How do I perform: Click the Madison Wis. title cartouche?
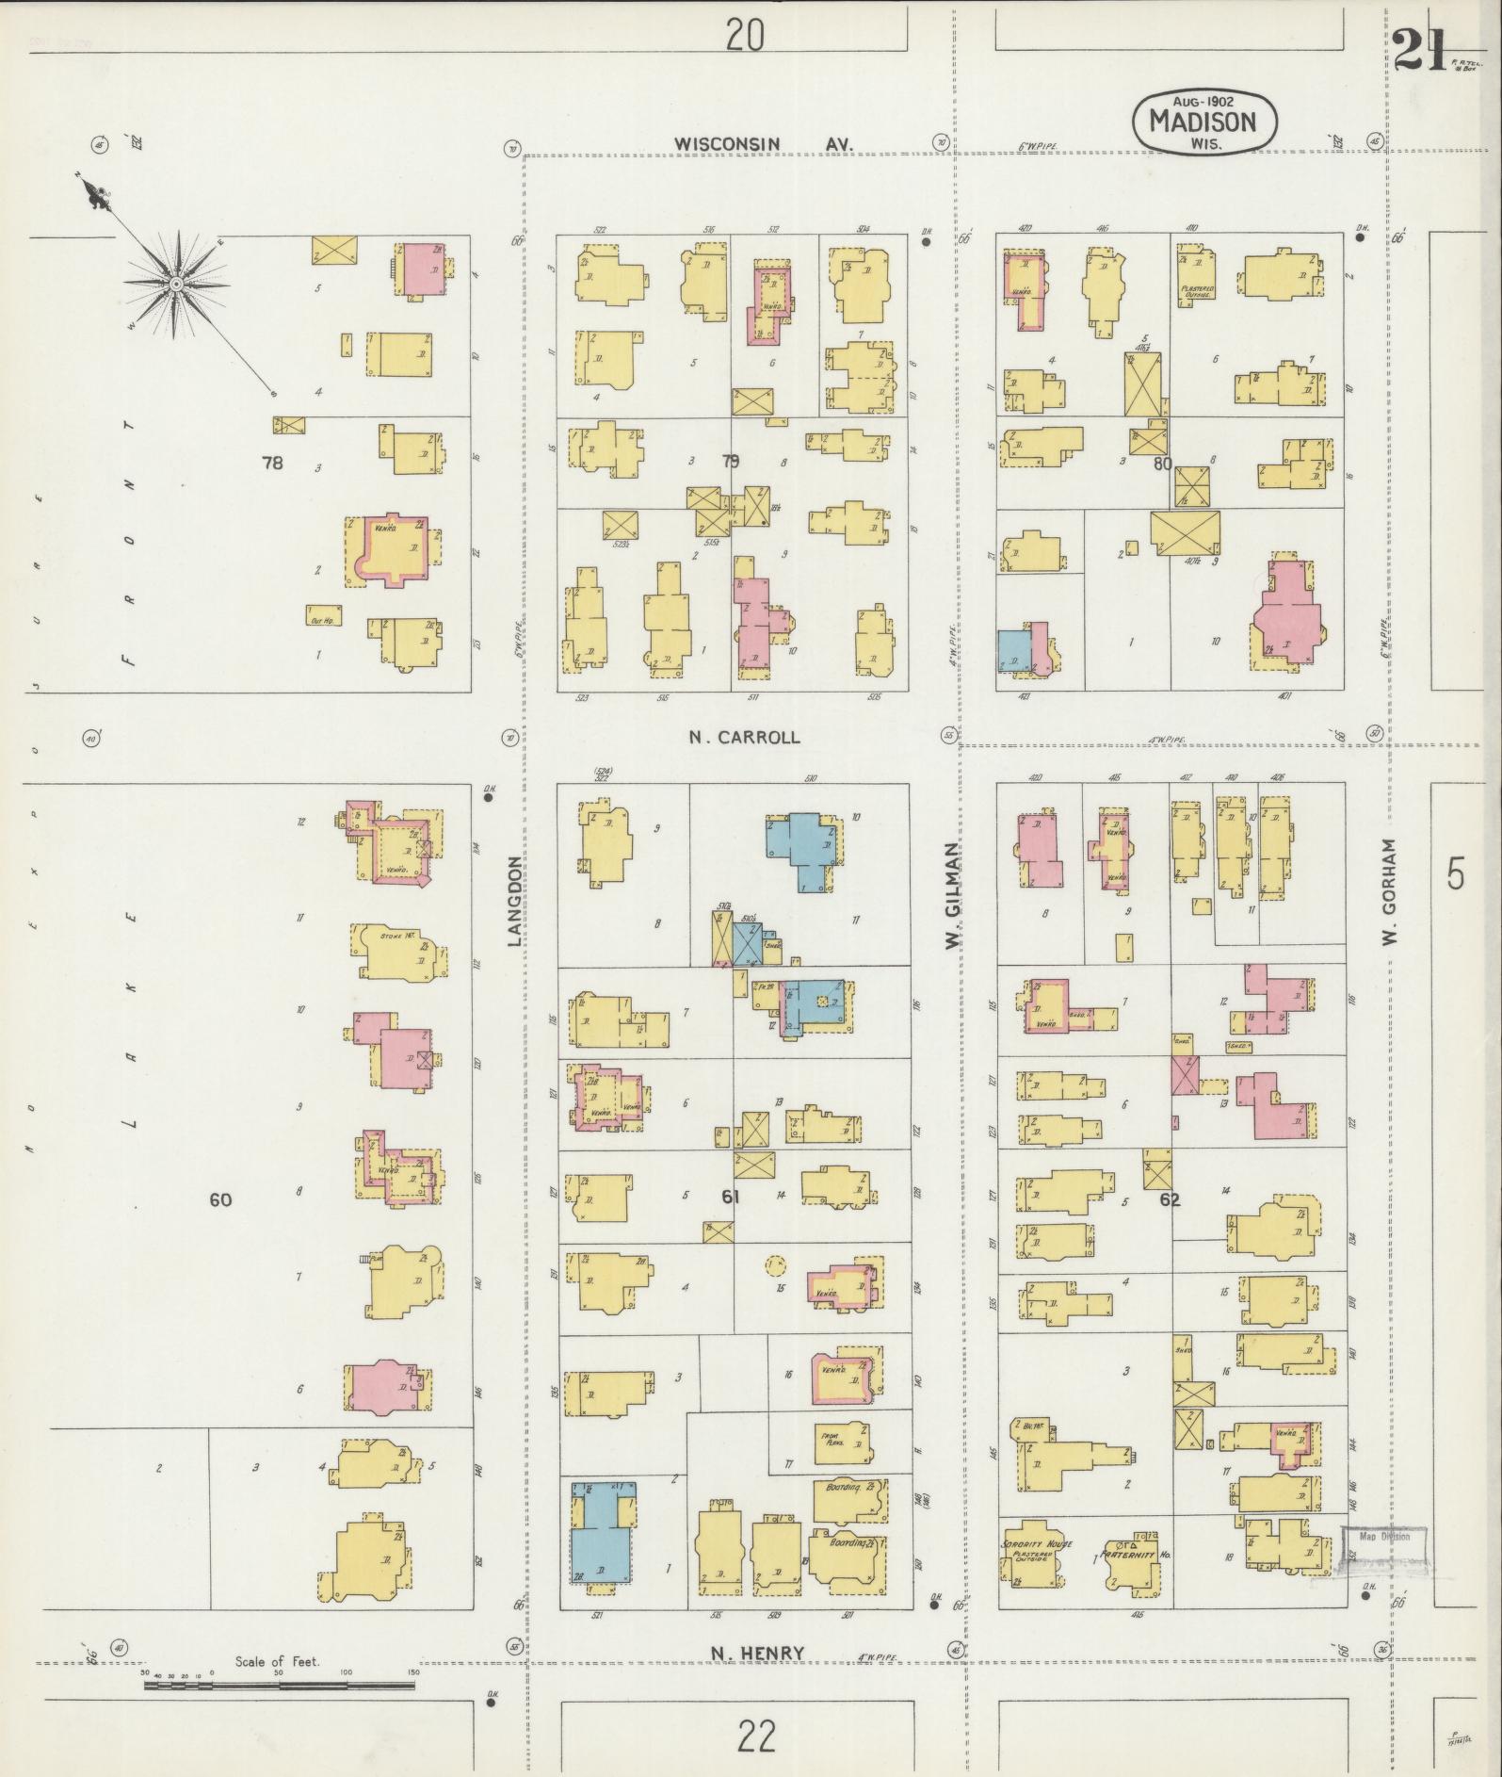[1205, 122]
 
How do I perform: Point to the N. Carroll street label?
[744, 737]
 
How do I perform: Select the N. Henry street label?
[758, 1652]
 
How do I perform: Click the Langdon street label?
[514, 900]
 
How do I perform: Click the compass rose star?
[176, 283]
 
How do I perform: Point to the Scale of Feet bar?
[280, 1684]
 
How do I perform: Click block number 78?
[272, 463]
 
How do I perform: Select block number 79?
[730, 462]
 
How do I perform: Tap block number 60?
[220, 1199]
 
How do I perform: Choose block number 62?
[1171, 1199]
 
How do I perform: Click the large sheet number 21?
[1421, 49]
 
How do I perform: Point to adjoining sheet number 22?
[756, 1736]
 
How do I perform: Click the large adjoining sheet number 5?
[1456, 876]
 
